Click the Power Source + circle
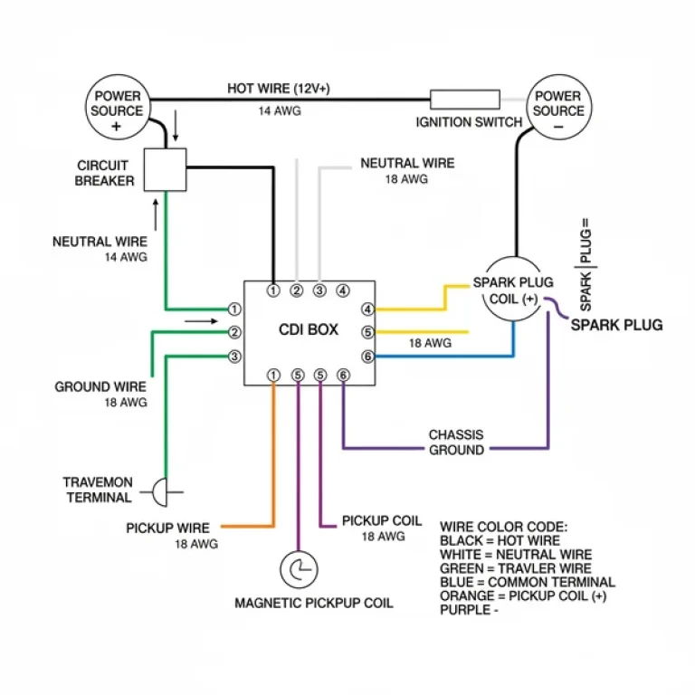(117, 107)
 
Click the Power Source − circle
(558, 107)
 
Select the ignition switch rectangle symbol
(464, 100)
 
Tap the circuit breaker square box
(166, 169)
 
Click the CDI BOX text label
(308, 330)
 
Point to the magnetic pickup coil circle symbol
(298, 570)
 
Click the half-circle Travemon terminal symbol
(159, 493)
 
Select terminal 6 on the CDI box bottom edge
(343, 375)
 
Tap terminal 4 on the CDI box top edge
(343, 290)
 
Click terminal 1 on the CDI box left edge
(234, 309)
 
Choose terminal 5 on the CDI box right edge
(367, 332)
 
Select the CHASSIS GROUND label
(456, 442)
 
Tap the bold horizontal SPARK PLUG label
(616, 325)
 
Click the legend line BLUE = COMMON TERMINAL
(527, 582)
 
